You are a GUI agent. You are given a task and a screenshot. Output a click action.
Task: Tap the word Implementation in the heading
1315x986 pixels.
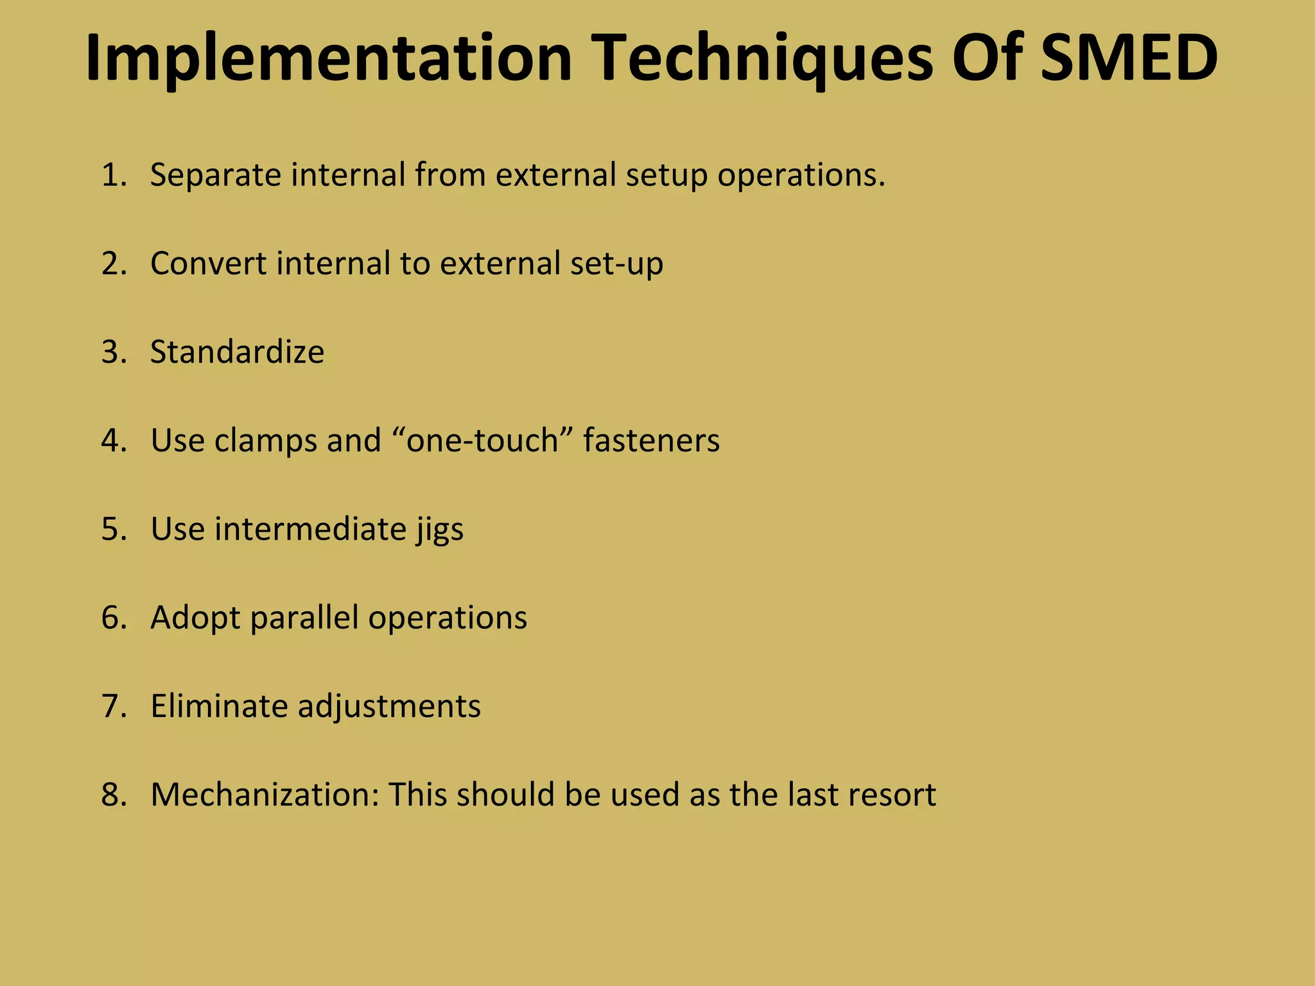click(x=328, y=59)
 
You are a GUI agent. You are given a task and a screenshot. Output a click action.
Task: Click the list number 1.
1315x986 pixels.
click(x=113, y=175)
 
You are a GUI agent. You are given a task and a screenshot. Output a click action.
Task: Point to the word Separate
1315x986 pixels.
click(x=215, y=175)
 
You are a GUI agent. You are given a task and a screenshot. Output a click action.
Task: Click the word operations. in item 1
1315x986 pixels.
click(x=801, y=175)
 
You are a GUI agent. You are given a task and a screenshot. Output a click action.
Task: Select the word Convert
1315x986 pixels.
click(x=208, y=263)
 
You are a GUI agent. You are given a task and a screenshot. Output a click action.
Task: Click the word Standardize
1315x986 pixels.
click(x=237, y=352)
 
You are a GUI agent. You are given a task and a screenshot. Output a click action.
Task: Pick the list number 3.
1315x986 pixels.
click(x=113, y=352)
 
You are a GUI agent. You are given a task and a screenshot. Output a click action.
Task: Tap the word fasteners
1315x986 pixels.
click(x=651, y=440)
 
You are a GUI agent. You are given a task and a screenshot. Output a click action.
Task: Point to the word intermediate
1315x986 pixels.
click(x=310, y=529)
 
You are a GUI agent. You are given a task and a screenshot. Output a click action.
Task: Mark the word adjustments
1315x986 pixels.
click(x=388, y=707)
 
